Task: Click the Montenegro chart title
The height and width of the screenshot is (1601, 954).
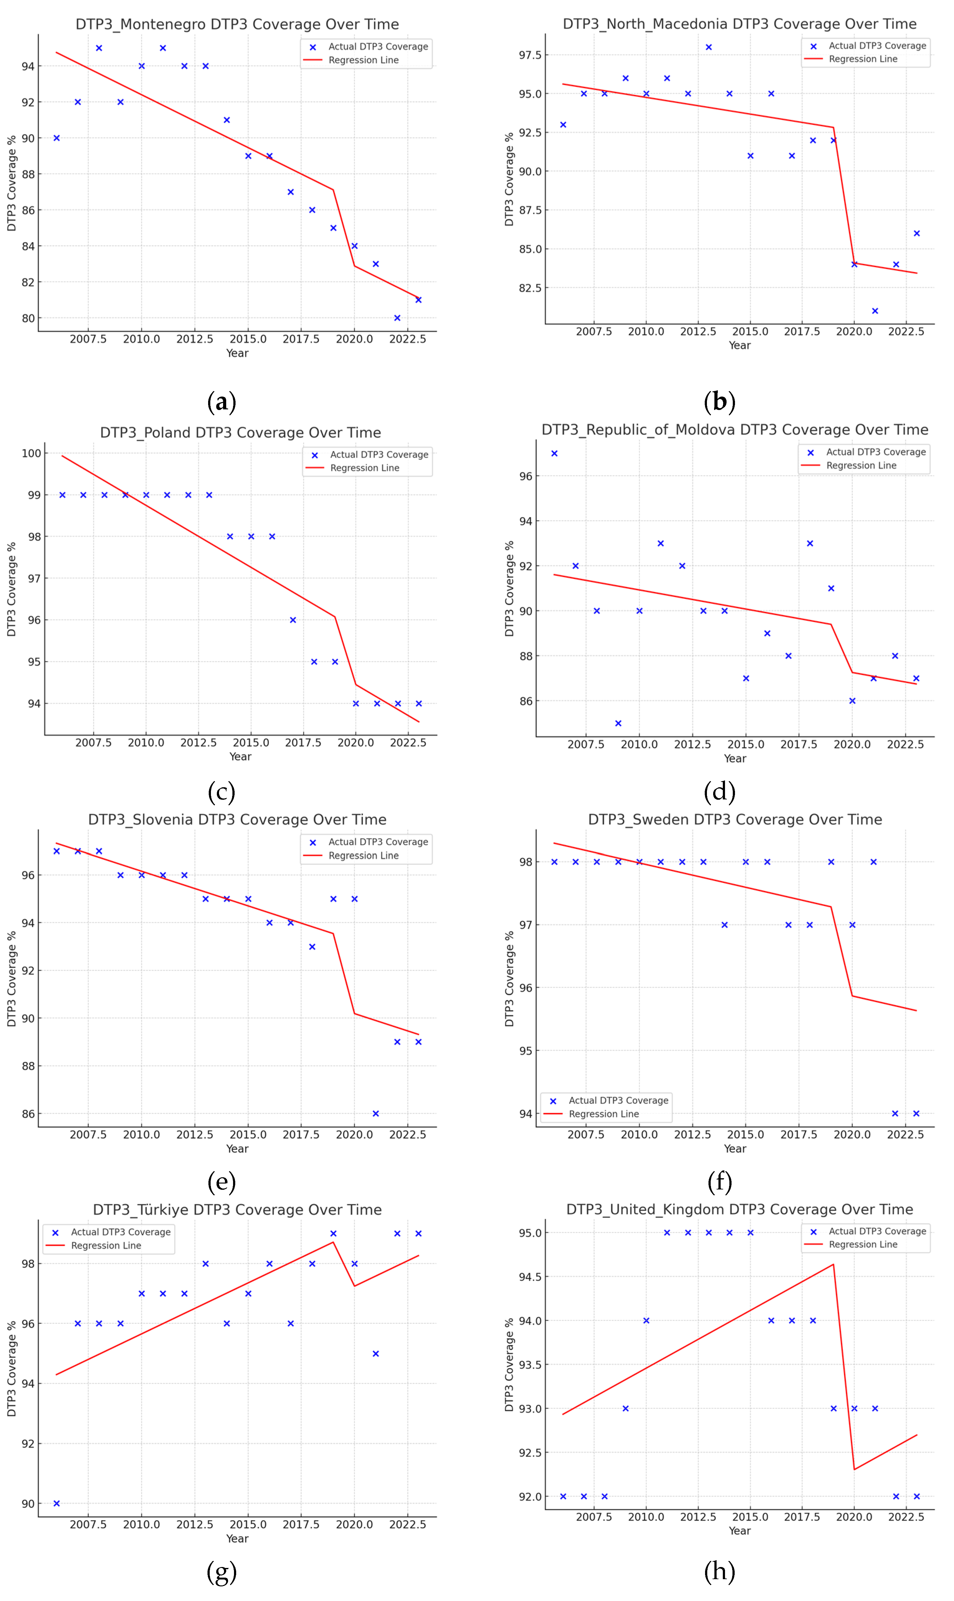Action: coord(237,24)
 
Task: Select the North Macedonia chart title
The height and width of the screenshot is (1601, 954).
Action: coord(739,24)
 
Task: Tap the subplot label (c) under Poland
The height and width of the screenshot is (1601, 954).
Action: coord(221,792)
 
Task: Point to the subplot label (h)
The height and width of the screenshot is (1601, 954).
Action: coord(719,1571)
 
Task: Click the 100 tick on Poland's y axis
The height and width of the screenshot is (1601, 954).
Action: coord(31,453)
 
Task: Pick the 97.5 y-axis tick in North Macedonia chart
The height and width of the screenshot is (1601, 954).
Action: coord(530,55)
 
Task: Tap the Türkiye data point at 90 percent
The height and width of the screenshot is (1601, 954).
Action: coord(57,1503)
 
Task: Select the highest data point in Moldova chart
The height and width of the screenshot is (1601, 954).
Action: coord(554,453)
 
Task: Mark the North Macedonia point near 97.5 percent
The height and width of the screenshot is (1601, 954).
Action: coord(708,47)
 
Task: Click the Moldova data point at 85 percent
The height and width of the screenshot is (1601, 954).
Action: coord(618,723)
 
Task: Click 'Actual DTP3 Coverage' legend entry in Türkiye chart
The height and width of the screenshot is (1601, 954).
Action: coord(120,1232)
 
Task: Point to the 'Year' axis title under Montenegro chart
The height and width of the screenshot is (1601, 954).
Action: coord(237,353)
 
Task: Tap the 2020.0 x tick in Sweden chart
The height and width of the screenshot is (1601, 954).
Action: coord(852,1134)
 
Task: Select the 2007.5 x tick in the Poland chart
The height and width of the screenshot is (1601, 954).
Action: coord(93,742)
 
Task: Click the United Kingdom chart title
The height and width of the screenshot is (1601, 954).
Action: coord(739,1209)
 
